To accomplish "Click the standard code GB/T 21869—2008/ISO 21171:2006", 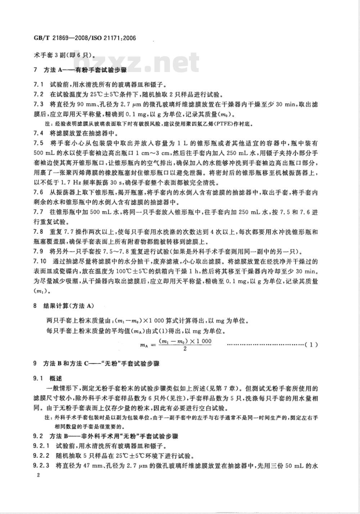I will (85, 38).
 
